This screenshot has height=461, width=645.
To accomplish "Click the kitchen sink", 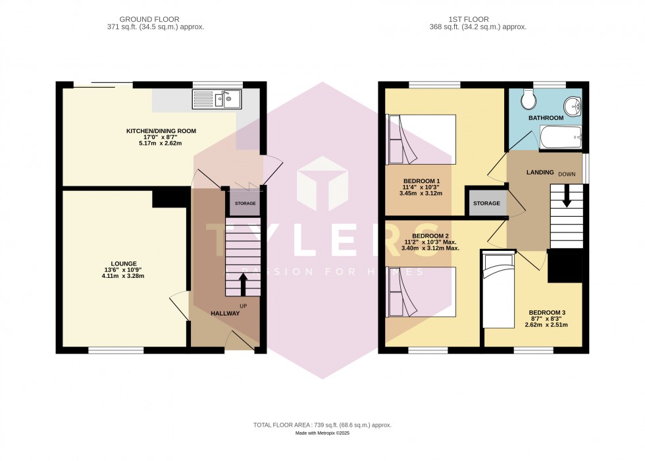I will point(218,99).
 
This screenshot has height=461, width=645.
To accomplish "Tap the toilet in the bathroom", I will point(527,100).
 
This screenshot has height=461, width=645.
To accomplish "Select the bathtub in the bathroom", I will point(557,138).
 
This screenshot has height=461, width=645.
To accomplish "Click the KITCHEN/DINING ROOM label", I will point(161,131).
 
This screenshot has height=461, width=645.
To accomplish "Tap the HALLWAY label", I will point(225,313).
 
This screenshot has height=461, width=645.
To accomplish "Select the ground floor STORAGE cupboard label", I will point(245,204).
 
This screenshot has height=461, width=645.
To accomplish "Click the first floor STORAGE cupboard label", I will point(486,203).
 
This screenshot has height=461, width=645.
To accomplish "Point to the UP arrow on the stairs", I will point(243,283).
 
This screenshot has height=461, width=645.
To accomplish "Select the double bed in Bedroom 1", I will point(421,140).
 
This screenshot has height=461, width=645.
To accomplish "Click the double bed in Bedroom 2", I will point(421,292).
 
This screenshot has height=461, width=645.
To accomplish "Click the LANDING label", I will point(540,173).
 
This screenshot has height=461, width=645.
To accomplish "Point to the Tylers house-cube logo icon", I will point(322,184).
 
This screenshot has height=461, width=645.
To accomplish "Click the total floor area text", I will point(322,425).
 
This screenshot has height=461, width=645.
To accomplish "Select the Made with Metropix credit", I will point(322,435).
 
